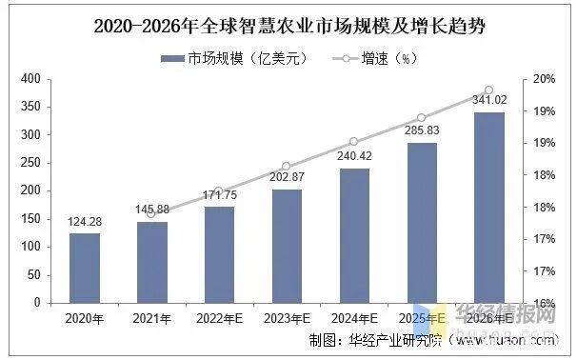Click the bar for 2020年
[84, 268]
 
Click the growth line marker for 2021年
[151, 213]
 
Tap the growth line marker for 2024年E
[354, 142]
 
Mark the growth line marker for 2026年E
[489, 90]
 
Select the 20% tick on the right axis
[544, 79]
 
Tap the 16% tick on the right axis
[544, 303]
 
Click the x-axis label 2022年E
[219, 316]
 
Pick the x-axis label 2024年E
[354, 316]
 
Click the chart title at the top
[288, 27]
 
